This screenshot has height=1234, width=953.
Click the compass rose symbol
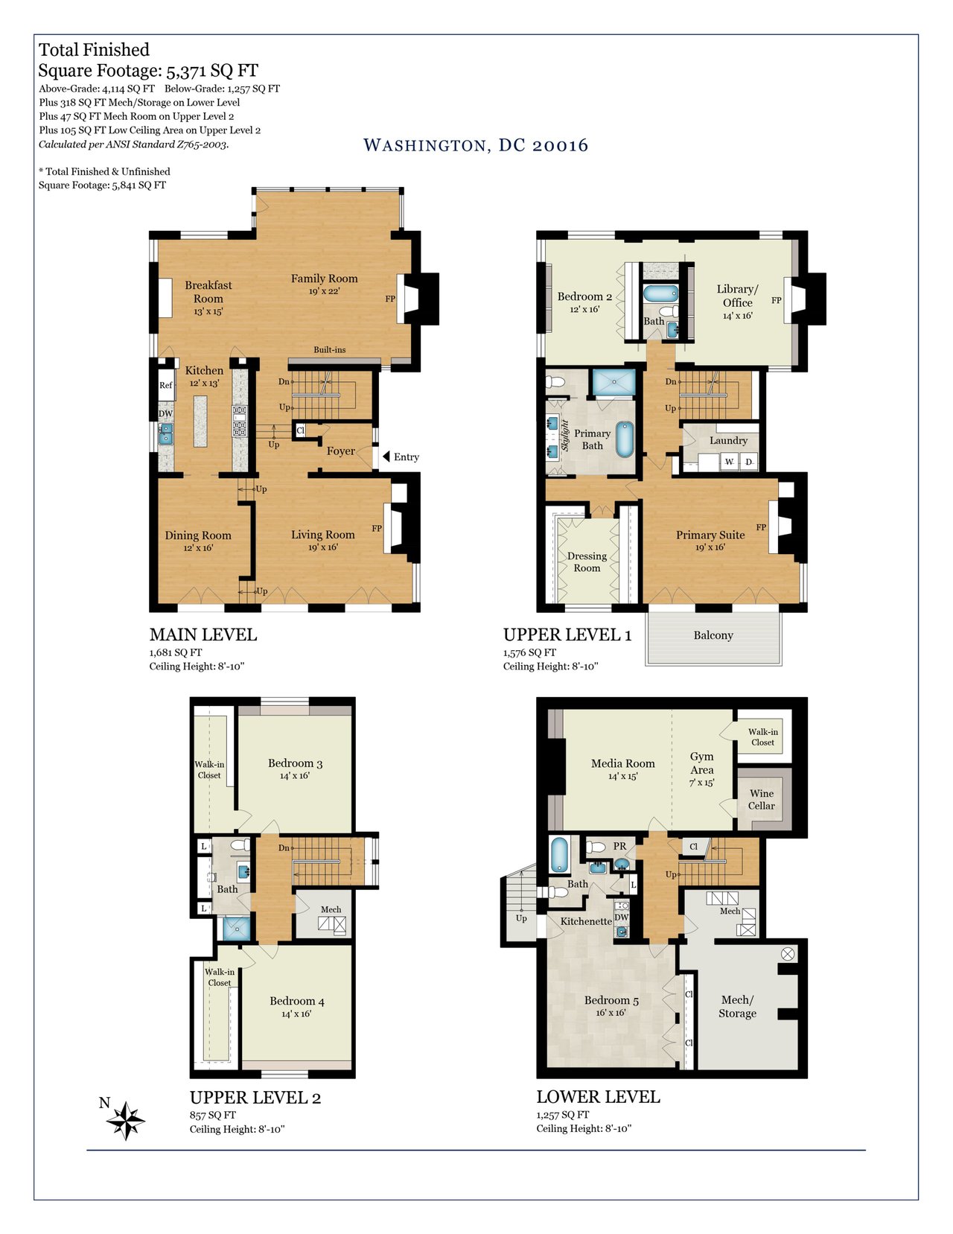(125, 1120)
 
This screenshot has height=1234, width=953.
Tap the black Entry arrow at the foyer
(386, 457)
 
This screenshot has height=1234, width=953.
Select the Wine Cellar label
(761, 800)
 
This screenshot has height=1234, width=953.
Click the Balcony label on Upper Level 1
(713, 635)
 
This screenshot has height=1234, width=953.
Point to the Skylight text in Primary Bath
(565, 436)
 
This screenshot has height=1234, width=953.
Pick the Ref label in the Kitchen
(165, 385)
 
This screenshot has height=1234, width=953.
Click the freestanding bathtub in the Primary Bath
(625, 439)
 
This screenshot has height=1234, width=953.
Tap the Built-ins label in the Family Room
(329, 350)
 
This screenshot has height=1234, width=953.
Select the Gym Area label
(701, 763)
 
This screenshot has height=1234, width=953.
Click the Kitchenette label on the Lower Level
(586, 921)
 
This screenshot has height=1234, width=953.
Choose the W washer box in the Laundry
(730, 462)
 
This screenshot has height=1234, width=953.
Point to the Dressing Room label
(587, 562)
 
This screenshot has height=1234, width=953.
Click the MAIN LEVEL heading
(203, 635)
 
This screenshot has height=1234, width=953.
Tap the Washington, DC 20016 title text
(476, 145)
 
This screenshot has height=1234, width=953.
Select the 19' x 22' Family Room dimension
(324, 291)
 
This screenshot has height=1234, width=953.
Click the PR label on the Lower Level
(619, 846)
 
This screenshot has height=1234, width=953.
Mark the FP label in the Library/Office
(776, 300)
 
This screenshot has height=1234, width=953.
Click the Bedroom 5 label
(611, 1000)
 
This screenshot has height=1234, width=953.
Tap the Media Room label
(622, 763)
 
